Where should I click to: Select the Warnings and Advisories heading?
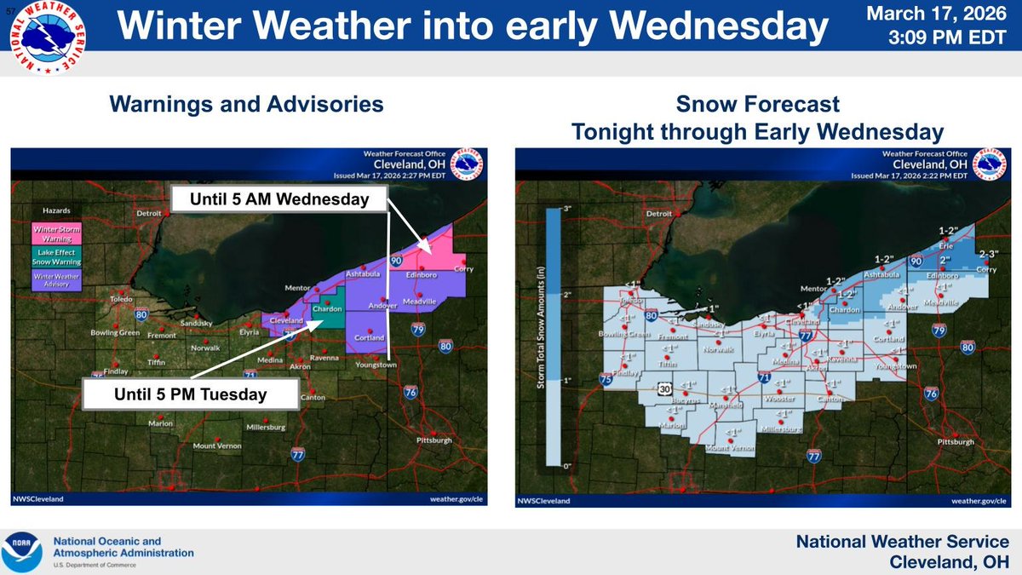245,105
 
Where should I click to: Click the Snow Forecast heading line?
757,105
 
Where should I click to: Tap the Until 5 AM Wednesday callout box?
279,200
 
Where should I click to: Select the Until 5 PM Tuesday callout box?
191,394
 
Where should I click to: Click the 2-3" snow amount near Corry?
989,254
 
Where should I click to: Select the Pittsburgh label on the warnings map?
434,440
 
